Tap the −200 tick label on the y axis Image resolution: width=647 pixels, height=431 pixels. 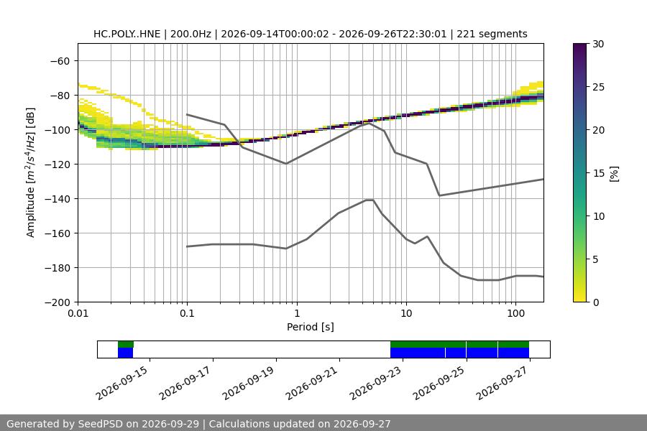60,302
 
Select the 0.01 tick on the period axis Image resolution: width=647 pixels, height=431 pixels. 78,313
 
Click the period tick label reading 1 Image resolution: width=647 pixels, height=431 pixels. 297,313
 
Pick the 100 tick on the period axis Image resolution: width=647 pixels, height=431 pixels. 515,313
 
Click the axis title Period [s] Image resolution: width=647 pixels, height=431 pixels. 311,327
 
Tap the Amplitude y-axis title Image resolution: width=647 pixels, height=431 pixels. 30,172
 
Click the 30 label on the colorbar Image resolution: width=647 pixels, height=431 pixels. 598,44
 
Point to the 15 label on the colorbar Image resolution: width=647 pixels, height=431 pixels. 598,173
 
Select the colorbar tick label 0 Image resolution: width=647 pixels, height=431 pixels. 595,302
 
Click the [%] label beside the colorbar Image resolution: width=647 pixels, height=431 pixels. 615,173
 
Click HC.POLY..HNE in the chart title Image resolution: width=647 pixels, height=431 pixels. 127,34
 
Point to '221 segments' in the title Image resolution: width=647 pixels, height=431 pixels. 492,34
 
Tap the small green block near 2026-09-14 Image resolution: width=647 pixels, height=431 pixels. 126,344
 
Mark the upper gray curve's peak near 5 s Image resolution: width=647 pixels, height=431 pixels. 369,123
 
